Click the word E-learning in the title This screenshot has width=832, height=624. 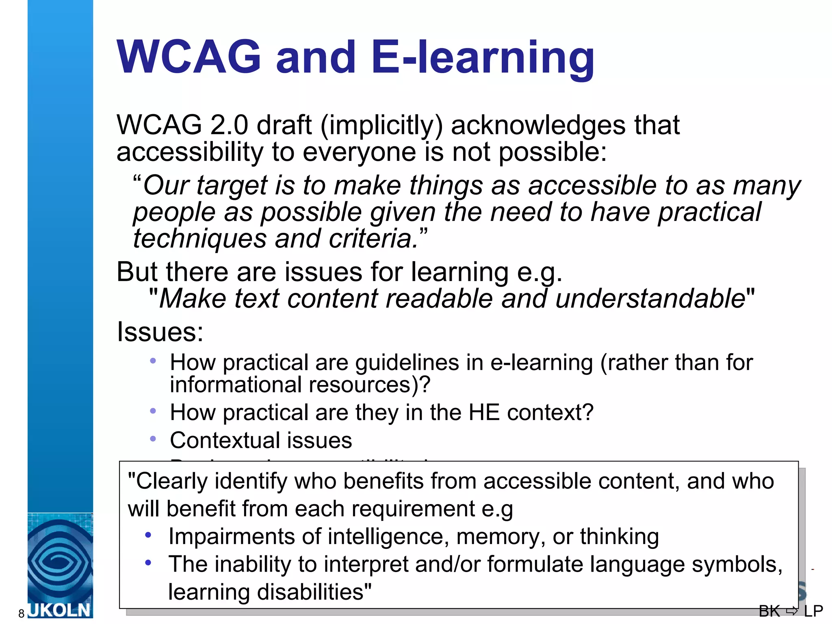[x=483, y=58]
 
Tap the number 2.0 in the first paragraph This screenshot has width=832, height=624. [x=229, y=125]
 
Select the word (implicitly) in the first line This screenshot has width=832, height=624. [x=381, y=126]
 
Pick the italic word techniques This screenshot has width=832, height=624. [x=199, y=238]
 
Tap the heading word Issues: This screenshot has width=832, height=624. [x=160, y=332]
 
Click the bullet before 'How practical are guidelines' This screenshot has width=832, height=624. [x=153, y=361]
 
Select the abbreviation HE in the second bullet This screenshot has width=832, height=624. [x=483, y=412]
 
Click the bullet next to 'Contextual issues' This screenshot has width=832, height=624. [x=153, y=439]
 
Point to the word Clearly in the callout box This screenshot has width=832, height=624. [x=172, y=482]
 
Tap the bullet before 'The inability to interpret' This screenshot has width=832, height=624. [x=148, y=563]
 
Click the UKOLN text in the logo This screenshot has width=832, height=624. [x=60, y=611]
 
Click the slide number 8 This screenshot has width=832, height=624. [x=22, y=613]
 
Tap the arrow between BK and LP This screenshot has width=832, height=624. [x=792, y=611]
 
